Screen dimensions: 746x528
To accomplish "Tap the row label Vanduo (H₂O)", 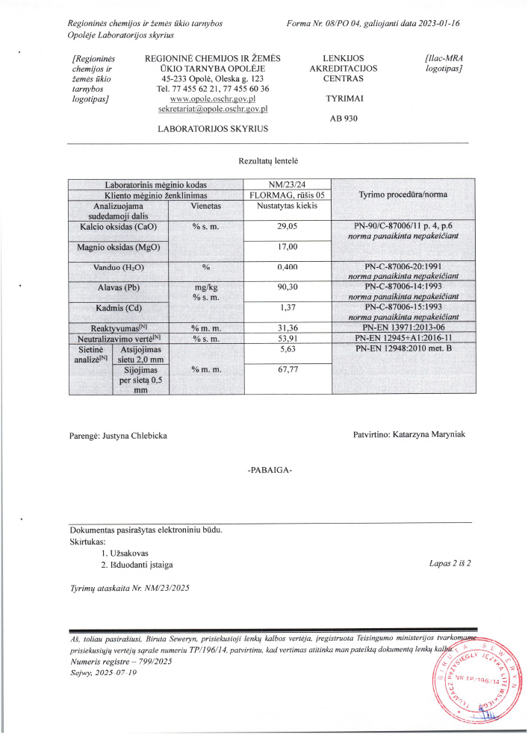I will click(x=119, y=266).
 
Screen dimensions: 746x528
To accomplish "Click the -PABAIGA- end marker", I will click(x=269, y=471).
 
